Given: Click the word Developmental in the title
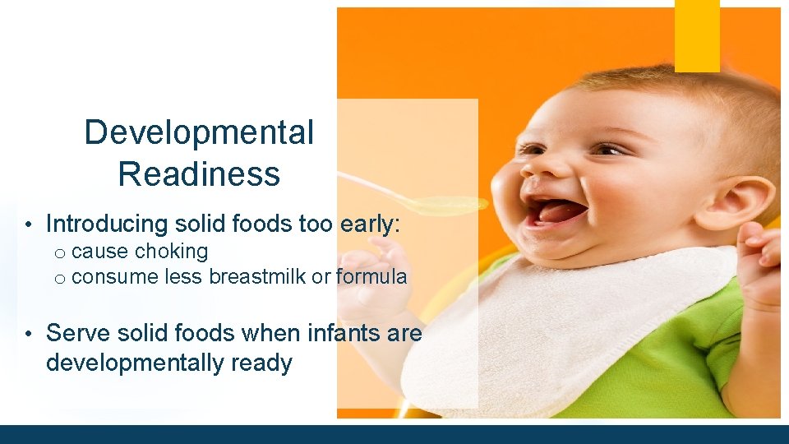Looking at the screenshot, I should (x=199, y=132).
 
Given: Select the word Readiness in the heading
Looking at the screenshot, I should (x=199, y=174).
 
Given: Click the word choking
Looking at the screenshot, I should (x=172, y=251).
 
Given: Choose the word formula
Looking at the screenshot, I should (x=371, y=277).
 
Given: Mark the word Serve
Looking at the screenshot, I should (x=75, y=333).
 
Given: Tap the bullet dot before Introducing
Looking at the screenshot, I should (x=28, y=224).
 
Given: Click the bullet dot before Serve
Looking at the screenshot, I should (x=28, y=334).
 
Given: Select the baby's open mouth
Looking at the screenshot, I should (x=558, y=212).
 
